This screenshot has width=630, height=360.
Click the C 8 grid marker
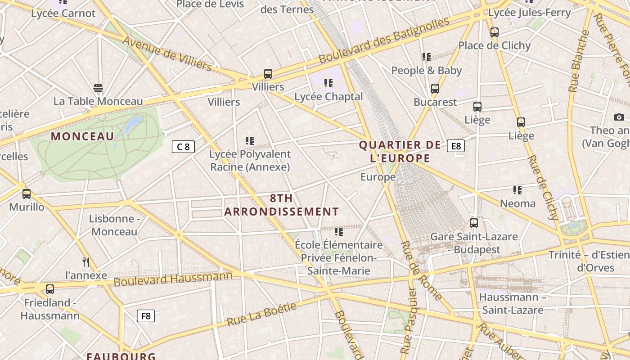[x=183, y=147]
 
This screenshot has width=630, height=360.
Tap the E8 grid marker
[x=456, y=146]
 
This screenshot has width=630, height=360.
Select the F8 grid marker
[x=146, y=316]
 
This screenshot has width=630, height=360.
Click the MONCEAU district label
[x=82, y=136]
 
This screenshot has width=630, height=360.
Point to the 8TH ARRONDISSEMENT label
[x=282, y=205]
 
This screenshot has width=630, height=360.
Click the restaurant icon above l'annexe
[x=86, y=262]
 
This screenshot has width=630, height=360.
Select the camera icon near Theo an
[x=619, y=117]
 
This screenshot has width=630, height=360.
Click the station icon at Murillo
[x=27, y=194]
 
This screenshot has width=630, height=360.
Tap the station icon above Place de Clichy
[x=495, y=32]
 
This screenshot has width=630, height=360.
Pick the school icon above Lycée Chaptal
[x=328, y=83]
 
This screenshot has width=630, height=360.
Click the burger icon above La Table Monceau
[x=98, y=88]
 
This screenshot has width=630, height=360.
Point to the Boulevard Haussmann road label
[x=173, y=279]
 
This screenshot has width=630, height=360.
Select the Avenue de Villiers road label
[x=166, y=54]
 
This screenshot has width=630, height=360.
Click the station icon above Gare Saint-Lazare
[x=474, y=223]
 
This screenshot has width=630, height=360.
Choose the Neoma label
[x=518, y=203]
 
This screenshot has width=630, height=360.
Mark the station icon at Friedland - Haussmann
[x=50, y=289]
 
